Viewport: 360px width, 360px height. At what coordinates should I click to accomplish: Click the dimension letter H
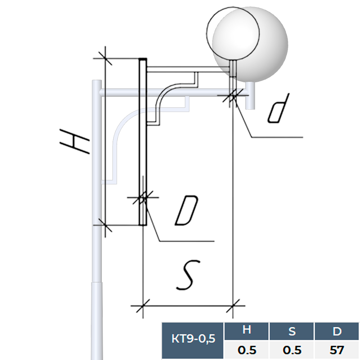(x=74, y=141)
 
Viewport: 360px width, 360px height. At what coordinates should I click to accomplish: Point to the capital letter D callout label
(x=186, y=210)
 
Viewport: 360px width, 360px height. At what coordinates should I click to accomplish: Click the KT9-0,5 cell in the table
(x=193, y=339)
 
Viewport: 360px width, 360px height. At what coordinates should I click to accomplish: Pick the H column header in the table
(x=247, y=331)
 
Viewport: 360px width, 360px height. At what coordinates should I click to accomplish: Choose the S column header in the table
(x=292, y=331)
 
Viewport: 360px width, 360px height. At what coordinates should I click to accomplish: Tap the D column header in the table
(x=337, y=331)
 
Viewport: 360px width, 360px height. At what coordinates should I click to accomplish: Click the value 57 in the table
(x=337, y=350)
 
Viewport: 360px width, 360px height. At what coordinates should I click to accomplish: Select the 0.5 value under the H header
(x=247, y=350)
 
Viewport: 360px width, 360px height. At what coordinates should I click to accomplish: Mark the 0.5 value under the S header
(x=292, y=350)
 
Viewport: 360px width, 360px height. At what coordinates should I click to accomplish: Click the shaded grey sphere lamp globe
(x=250, y=44)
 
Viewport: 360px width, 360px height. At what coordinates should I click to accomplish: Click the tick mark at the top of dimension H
(x=105, y=58)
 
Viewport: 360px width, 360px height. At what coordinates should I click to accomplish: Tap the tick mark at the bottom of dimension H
(x=105, y=225)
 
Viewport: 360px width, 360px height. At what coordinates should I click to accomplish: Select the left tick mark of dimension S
(x=143, y=306)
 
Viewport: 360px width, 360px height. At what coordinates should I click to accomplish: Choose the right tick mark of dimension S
(x=233, y=306)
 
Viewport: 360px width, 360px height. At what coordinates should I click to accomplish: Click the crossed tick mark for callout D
(x=143, y=197)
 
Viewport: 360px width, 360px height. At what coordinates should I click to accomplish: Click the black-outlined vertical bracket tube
(x=143, y=141)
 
